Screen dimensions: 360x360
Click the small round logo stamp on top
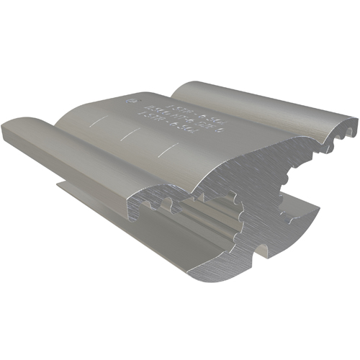tap(131, 102)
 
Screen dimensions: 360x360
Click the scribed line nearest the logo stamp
tap(98, 122)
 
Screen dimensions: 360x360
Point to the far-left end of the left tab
tap(6, 129)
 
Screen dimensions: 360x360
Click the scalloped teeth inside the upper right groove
tap(317, 144)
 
